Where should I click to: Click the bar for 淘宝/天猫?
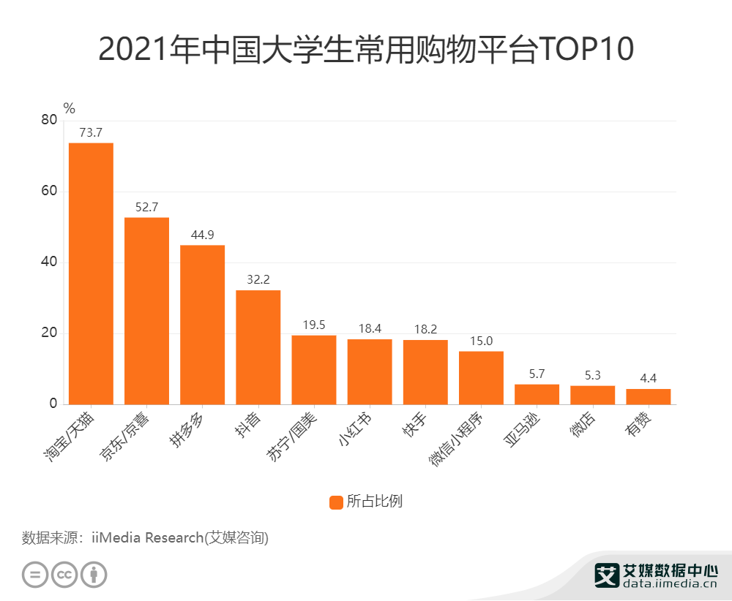[91, 273]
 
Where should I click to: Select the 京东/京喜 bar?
[146, 311]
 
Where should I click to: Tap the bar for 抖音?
[258, 347]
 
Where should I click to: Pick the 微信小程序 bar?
[481, 378]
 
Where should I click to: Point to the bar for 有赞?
[648, 396]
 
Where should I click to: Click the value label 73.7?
[91, 132]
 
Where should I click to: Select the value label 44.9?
[202, 235]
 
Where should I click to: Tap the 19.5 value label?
[313, 325]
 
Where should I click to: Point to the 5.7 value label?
[537, 374]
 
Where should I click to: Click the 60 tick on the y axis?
[48, 192]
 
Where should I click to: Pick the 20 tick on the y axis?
[48, 333]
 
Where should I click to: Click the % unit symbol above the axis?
[70, 109]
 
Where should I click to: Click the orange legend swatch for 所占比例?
[336, 502]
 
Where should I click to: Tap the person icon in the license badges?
[94, 574]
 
